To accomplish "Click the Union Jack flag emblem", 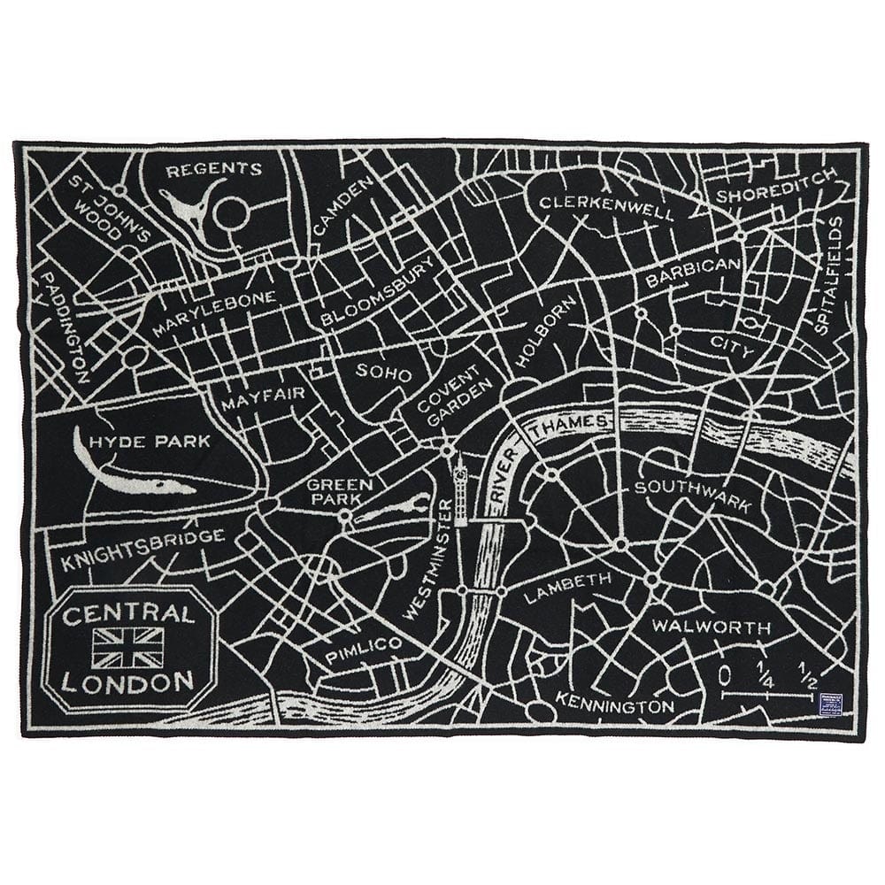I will pos(128,647).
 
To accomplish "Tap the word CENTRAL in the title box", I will pos(128,614).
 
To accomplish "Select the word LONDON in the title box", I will pos(128,681).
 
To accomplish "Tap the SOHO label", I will pos(383,373).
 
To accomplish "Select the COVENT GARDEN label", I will pos(450,394).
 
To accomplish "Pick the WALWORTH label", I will pos(711,627).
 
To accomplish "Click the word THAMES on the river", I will pos(580,424).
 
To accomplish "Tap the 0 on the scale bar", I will pos(725,675).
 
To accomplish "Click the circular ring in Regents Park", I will pos(231,213).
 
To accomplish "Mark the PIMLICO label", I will pos(363,650).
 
